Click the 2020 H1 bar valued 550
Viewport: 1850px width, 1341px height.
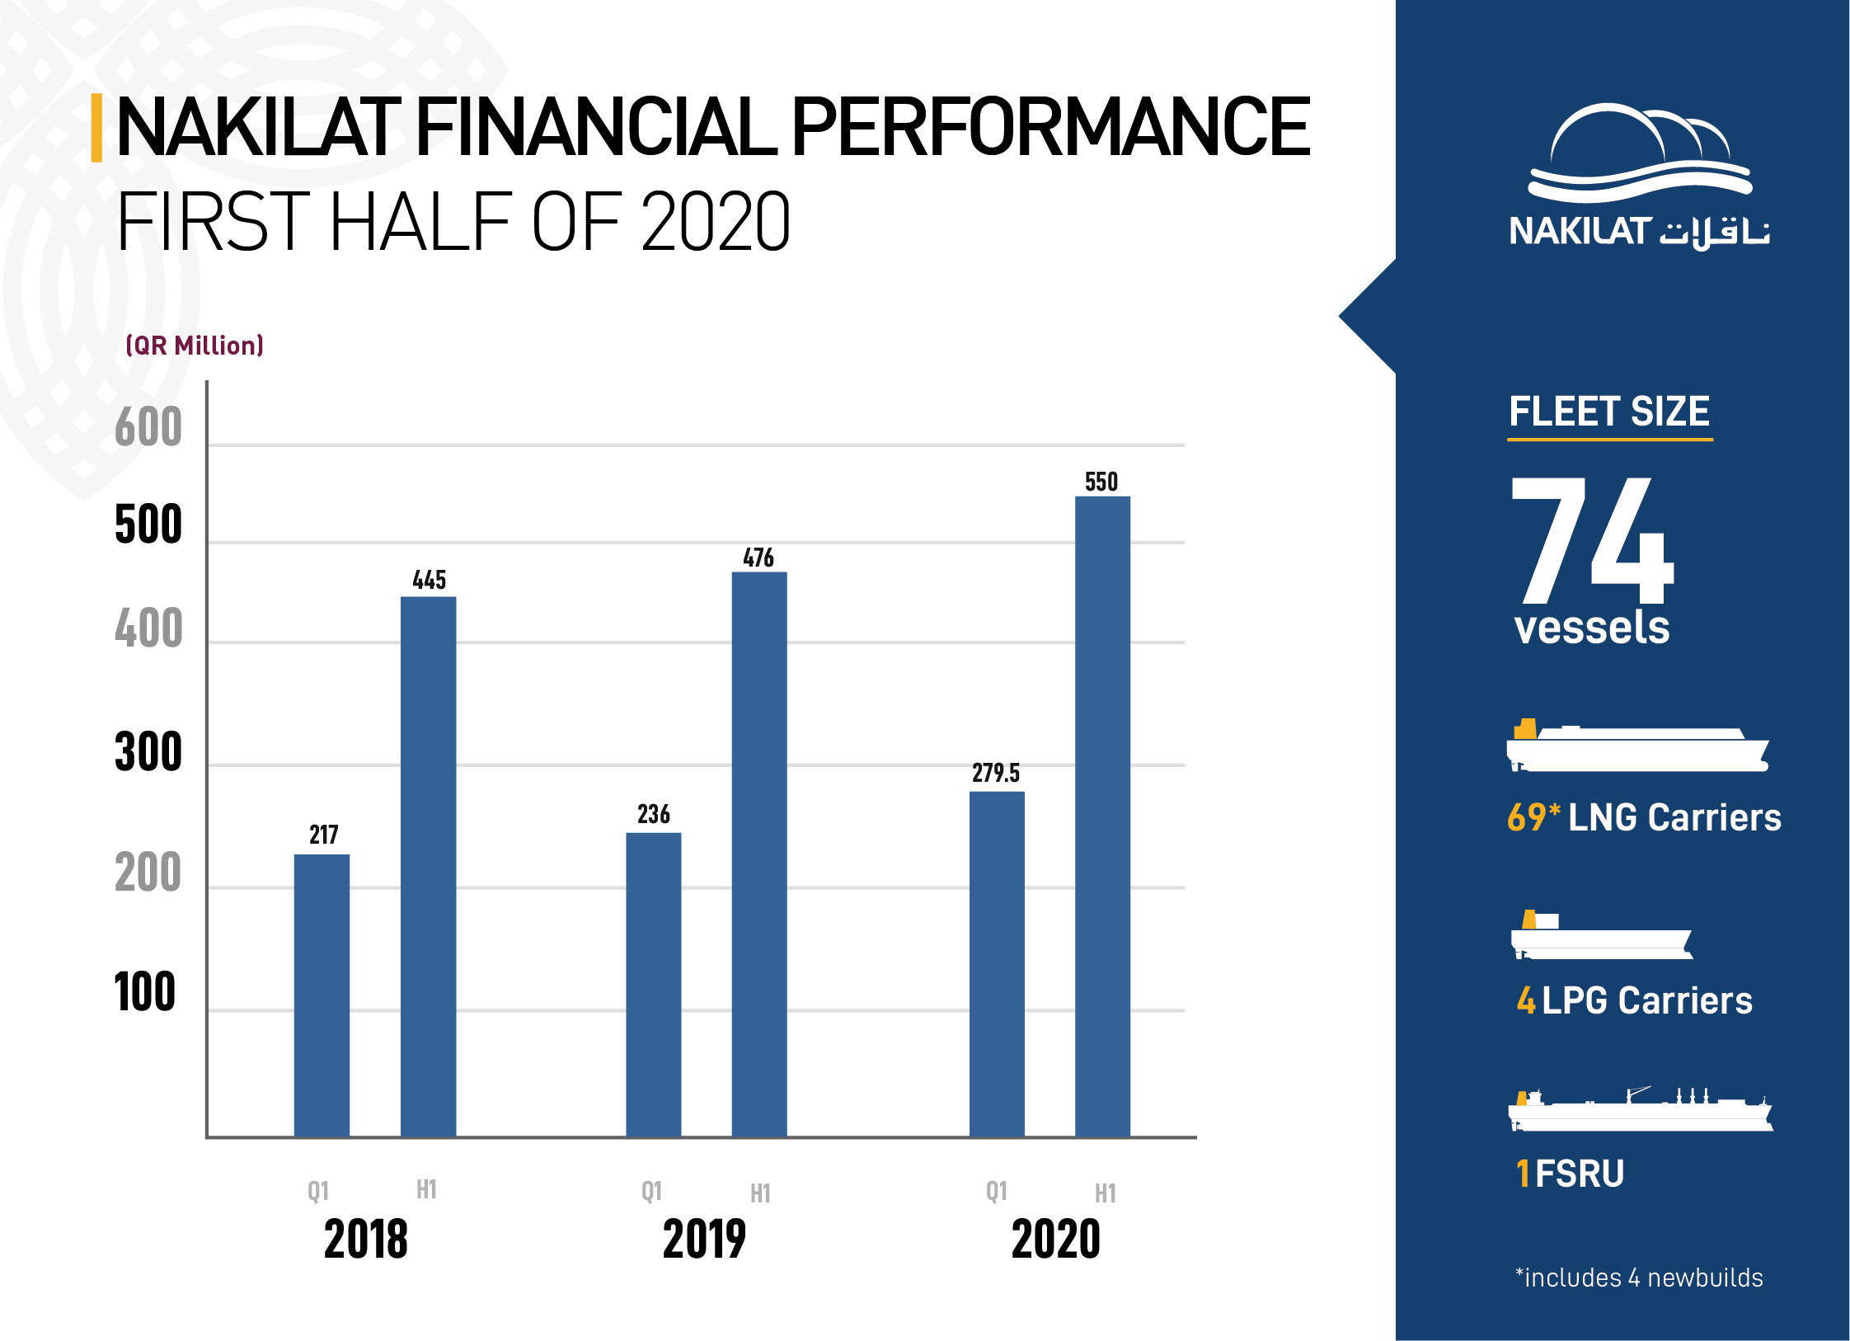pyautogui.click(x=1102, y=816)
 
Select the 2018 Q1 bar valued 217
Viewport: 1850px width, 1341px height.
pyautogui.click(x=322, y=995)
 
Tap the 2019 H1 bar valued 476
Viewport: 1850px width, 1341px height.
pyautogui.click(x=759, y=854)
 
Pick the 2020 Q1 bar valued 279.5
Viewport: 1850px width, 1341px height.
pyautogui.click(x=997, y=964)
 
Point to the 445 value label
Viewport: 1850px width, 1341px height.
pyautogui.click(x=430, y=580)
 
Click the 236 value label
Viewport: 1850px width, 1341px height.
pyautogui.click(x=654, y=814)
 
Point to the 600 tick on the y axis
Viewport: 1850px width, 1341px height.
pyautogui.click(x=148, y=426)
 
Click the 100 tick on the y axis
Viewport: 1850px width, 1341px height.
pyautogui.click(x=145, y=991)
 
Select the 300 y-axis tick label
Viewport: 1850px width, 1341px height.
pyautogui.click(x=148, y=752)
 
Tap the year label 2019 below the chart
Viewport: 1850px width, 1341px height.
pyautogui.click(x=704, y=1239)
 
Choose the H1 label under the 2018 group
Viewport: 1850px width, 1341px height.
pyautogui.click(x=426, y=1189)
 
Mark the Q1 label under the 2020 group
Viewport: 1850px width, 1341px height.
pyautogui.click(x=997, y=1191)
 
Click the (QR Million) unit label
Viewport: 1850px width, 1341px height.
pyautogui.click(x=195, y=345)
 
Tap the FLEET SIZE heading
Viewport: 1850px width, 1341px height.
pyautogui.click(x=1609, y=411)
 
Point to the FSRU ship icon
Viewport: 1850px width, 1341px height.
pyautogui.click(x=1640, y=1109)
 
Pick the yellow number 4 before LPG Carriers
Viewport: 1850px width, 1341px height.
pyautogui.click(x=1526, y=1000)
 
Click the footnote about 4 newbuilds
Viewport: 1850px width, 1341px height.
pyautogui.click(x=1639, y=1277)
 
